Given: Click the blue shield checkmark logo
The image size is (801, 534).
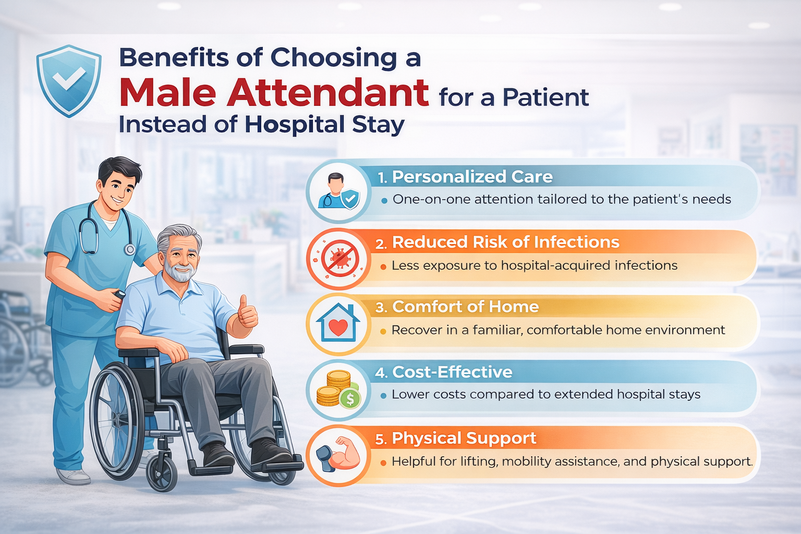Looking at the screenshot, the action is (69, 80).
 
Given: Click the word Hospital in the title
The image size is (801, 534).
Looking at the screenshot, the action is (293, 125).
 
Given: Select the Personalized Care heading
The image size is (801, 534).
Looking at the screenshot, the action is (472, 177).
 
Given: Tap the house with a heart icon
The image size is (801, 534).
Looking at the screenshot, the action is (338, 323).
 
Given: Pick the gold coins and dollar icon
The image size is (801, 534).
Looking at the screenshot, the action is (338, 389).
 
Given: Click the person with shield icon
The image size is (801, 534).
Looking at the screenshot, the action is (338, 191).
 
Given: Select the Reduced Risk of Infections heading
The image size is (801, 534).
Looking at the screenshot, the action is (506, 242).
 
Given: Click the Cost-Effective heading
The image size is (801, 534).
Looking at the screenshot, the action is (452, 372).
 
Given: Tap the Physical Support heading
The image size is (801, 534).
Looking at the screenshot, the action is (464, 439).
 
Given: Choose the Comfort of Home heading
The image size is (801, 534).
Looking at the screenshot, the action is (465, 307).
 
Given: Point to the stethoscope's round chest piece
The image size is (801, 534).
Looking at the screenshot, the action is (129, 249).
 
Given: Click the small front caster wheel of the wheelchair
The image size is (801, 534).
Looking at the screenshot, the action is (162, 475).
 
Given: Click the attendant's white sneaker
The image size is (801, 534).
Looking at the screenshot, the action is (73, 476).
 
